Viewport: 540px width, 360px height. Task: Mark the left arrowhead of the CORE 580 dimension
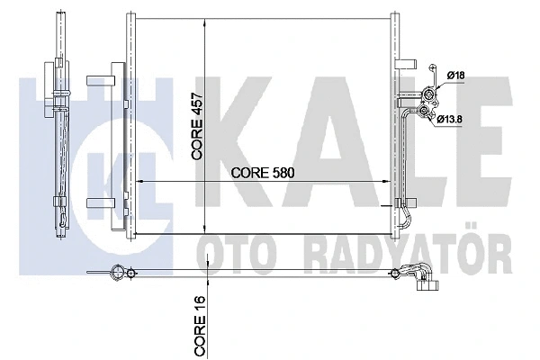[x=139, y=182]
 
